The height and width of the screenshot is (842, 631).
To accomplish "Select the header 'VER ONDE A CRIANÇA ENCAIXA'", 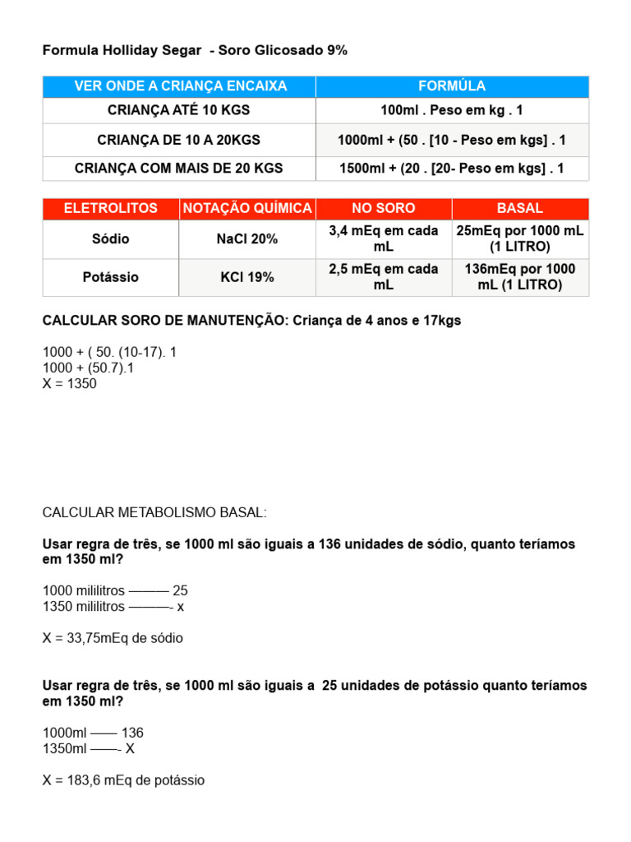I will pos(179,86).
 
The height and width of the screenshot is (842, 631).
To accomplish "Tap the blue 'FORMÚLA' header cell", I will pos(452,86).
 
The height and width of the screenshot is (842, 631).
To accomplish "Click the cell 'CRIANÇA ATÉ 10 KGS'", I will pos(179,110).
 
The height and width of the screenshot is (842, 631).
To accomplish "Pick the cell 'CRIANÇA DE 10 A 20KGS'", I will pos(179,140).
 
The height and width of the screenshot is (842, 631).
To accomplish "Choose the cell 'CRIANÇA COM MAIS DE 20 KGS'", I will pos(179,168).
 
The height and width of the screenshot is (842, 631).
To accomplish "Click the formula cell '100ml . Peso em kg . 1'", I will pos(452,110).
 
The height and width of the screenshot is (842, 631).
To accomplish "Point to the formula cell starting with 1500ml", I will pos(452,168).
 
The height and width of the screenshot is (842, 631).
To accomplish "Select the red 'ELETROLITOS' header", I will pos(111,209).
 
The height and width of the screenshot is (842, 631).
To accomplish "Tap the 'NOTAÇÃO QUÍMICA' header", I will pos(247,209).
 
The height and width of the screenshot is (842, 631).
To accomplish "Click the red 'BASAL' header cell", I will pos(520,209).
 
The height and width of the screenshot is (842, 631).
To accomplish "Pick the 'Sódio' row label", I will pos(111,239).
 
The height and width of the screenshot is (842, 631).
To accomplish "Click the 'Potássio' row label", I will pos(111,277).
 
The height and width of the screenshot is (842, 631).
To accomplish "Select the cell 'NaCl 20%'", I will pos(248,239).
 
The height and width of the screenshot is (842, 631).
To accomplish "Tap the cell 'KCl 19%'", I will pos(247,277).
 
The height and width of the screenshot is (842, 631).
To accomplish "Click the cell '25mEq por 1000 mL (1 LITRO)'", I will pos(520,239).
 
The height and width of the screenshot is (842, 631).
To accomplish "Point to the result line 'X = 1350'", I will pos(69,383).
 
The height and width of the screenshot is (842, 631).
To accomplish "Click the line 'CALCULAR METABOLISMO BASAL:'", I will pos(154,513).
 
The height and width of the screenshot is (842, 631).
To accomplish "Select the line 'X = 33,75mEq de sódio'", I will pos(113,638).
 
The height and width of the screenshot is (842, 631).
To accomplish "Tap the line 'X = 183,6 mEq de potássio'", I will pos(123,780).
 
